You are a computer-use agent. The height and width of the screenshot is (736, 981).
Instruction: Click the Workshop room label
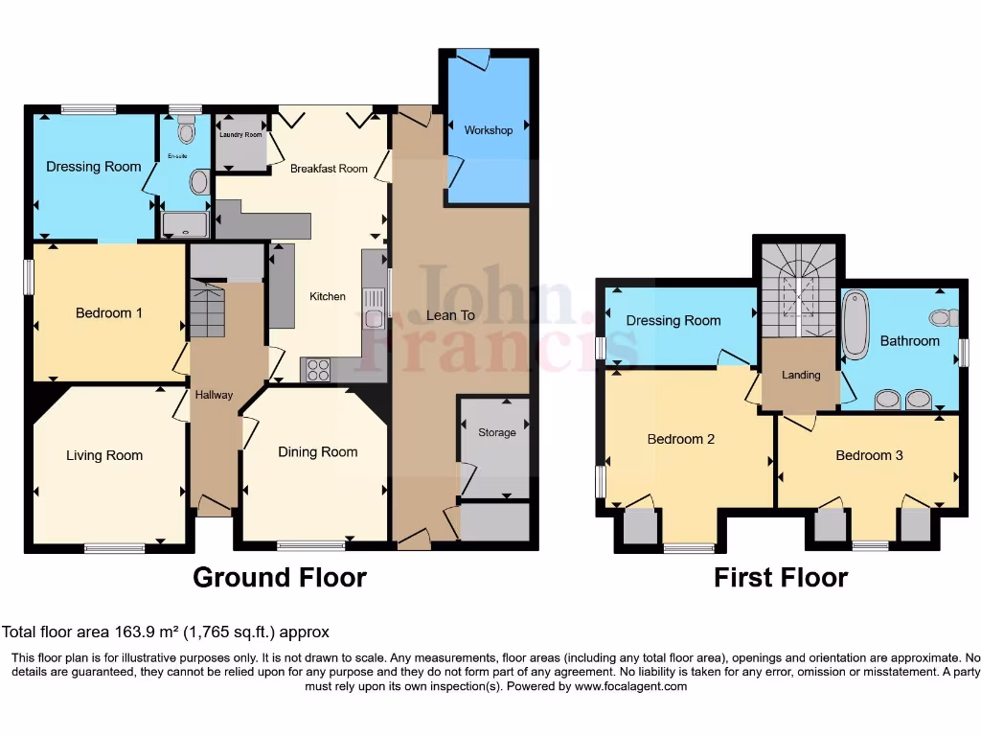(488, 130)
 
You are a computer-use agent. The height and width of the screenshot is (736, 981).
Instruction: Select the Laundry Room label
(240, 135)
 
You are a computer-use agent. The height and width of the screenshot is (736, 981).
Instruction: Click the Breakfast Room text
(329, 169)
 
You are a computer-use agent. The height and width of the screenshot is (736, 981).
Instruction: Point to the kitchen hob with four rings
(317, 369)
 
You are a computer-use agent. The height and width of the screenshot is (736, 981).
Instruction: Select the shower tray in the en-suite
(183, 224)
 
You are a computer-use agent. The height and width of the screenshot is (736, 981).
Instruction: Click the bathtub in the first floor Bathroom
(854, 325)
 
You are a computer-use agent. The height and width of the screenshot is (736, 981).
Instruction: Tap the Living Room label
(104, 455)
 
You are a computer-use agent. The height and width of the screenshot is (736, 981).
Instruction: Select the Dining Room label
(317, 451)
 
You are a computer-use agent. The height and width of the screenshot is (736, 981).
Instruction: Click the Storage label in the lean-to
(496, 432)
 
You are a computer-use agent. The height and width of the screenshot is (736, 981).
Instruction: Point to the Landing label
(801, 375)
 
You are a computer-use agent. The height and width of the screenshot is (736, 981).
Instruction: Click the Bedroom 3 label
(869, 455)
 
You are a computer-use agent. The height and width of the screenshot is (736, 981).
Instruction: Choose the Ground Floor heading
(279, 577)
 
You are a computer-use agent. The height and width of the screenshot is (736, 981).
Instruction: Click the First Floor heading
(780, 577)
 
